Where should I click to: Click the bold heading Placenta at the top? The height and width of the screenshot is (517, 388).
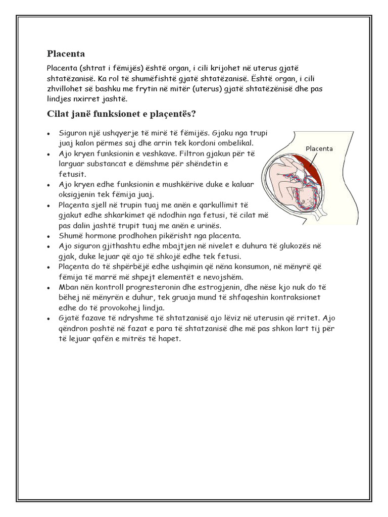point(66,53)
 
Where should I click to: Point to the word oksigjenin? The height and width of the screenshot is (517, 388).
point(79,195)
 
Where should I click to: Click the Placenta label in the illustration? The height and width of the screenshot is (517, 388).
point(319,148)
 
